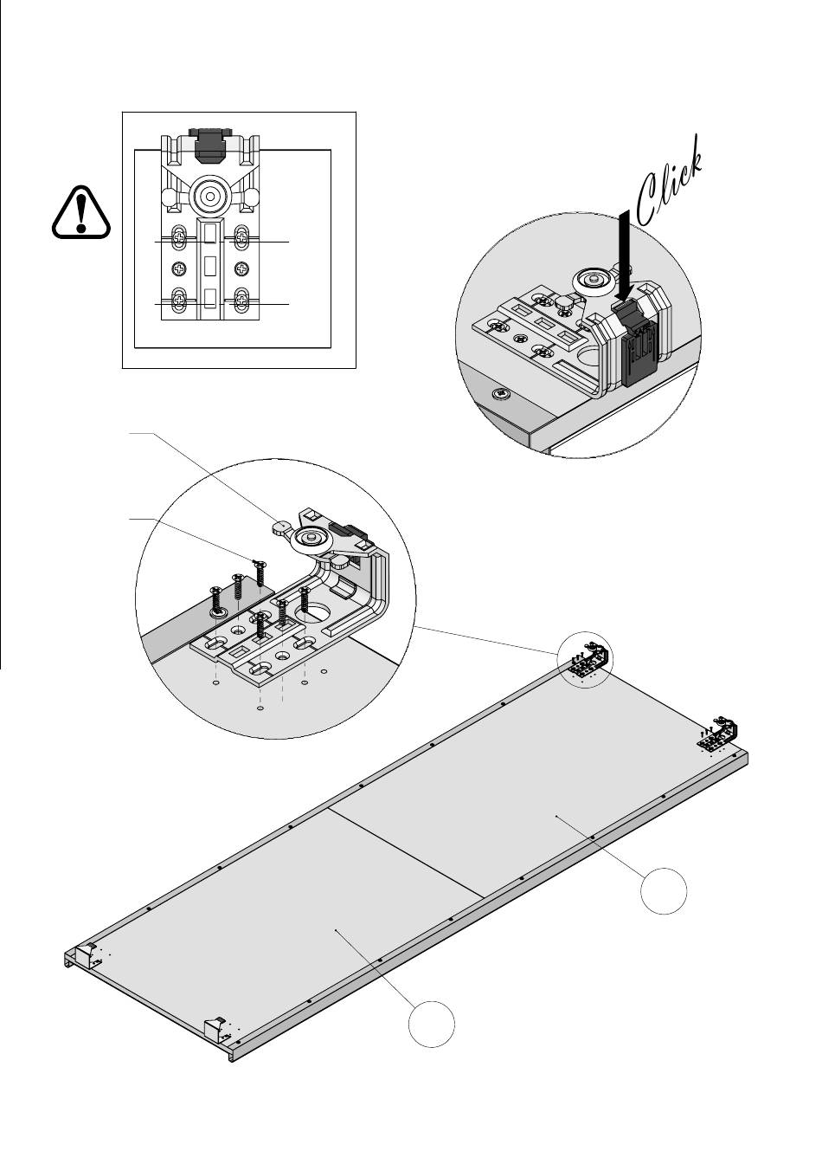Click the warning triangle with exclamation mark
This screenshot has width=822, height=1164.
[81, 212]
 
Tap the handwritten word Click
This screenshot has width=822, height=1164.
[670, 182]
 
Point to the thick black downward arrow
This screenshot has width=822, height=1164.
[625, 255]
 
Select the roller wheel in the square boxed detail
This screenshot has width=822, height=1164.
[210, 197]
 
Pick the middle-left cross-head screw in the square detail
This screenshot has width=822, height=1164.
[179, 268]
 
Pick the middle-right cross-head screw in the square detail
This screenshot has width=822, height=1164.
[242, 268]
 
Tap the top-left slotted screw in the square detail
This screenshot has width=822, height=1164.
[180, 238]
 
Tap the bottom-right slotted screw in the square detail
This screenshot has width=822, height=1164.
[242, 301]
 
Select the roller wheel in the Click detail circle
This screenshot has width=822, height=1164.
[594, 282]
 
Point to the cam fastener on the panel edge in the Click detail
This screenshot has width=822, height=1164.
[503, 394]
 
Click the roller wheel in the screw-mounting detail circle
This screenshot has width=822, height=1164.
[310, 540]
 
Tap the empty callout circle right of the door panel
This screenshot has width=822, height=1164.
[663, 890]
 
